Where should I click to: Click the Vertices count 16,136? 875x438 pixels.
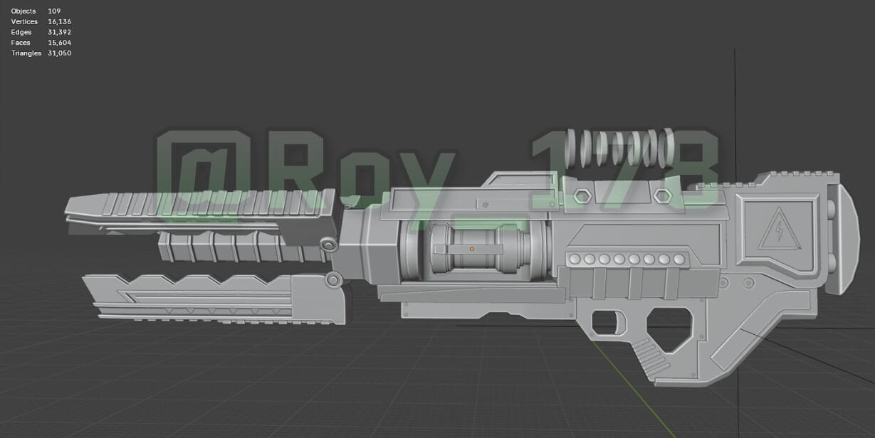[59, 22]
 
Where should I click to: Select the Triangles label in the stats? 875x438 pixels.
[26, 53]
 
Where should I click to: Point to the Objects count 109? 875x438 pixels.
[54, 11]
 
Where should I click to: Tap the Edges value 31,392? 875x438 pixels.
[59, 33]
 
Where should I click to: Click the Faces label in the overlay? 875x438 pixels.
[21, 43]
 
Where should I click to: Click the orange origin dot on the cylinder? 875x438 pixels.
[471, 249]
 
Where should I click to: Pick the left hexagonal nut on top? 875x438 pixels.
[582, 196]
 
